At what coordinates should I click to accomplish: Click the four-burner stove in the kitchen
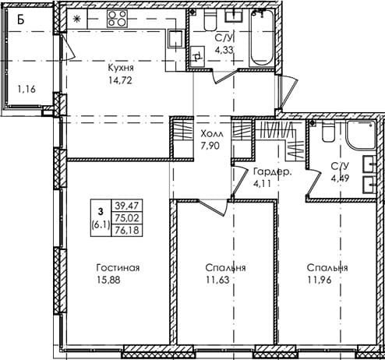click(x=117, y=19)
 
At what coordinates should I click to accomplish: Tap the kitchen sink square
click(x=175, y=39)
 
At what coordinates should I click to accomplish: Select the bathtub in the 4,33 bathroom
click(x=262, y=38)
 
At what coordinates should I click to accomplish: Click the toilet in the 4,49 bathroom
click(x=328, y=132)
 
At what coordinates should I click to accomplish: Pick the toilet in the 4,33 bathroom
click(x=210, y=19)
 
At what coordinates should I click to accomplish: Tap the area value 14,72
click(x=121, y=80)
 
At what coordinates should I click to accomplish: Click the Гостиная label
click(x=118, y=268)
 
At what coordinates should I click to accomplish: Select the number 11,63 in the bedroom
click(x=217, y=280)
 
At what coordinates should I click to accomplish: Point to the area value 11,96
click(x=320, y=280)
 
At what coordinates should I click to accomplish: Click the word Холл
click(x=212, y=134)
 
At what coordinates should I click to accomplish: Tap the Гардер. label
click(x=273, y=172)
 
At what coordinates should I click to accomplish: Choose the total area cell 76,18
click(x=127, y=230)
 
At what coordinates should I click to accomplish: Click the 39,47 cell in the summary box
click(x=127, y=206)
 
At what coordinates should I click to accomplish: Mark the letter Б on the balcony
click(x=21, y=19)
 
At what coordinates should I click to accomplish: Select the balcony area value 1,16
click(x=26, y=90)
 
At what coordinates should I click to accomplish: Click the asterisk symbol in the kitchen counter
click(x=76, y=19)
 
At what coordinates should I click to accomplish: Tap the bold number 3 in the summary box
click(x=101, y=212)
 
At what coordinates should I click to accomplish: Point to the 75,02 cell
click(x=127, y=218)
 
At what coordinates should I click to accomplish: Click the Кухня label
click(x=121, y=68)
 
